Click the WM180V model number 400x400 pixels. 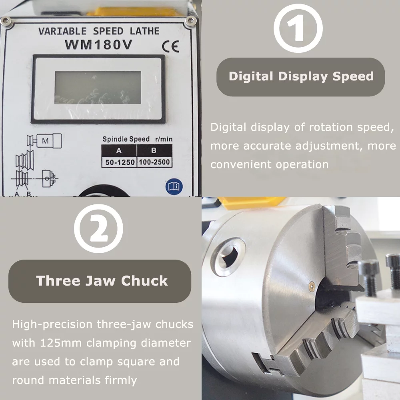pyautogui.click(x=98, y=45)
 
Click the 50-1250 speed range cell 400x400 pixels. pyautogui.click(x=119, y=162)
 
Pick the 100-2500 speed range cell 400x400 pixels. pyautogui.click(x=154, y=162)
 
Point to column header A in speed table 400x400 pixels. pyautogui.click(x=119, y=150)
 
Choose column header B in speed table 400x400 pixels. pyautogui.click(x=154, y=150)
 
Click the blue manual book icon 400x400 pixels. pyautogui.click(x=174, y=186)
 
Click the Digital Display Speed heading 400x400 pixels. pyautogui.click(x=301, y=76)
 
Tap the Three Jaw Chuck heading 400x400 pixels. pyautogui.click(x=102, y=280)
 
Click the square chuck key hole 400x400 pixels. pyautogui.click(x=228, y=256)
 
